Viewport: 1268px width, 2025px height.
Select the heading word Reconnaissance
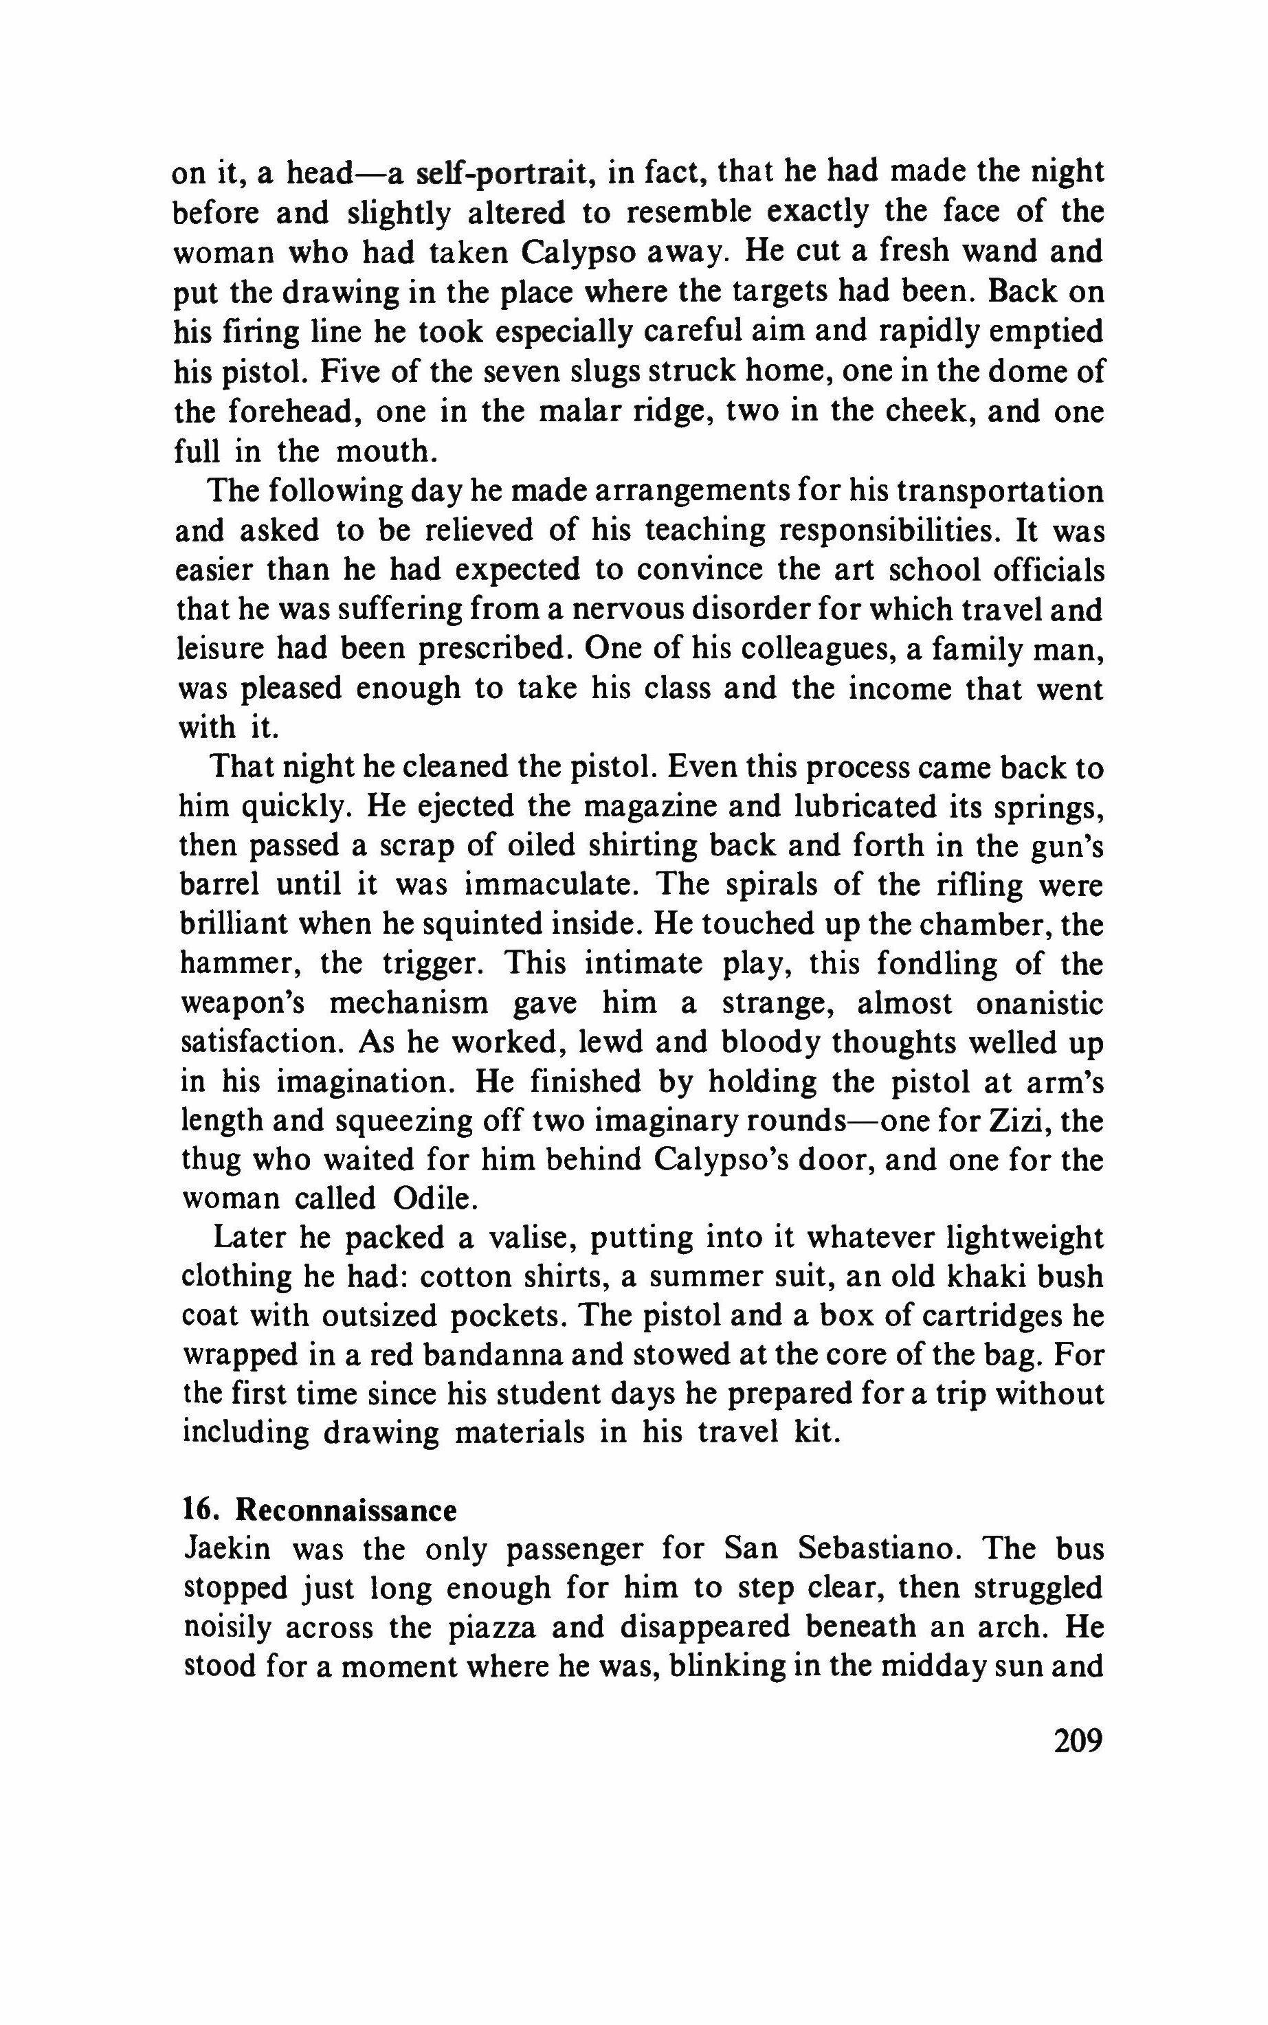point(346,1510)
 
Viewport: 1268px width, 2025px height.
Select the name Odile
point(434,1200)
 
